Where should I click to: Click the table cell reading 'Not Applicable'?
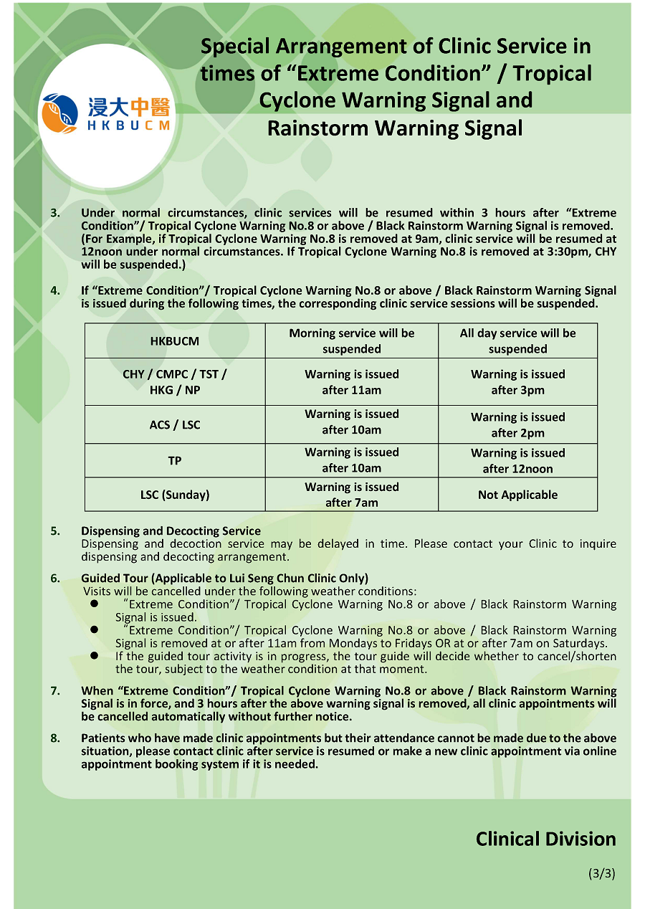pyautogui.click(x=517, y=495)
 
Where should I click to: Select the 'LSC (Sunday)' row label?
pyautogui.click(x=175, y=495)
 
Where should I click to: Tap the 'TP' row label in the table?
pyautogui.click(x=175, y=460)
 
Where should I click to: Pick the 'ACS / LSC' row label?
pyautogui.click(x=175, y=424)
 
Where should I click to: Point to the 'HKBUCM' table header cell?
pyautogui.click(x=175, y=341)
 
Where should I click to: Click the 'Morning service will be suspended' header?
pyautogui.click(x=351, y=341)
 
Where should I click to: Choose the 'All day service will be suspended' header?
pyautogui.click(x=517, y=341)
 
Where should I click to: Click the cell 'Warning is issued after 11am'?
pyautogui.click(x=351, y=382)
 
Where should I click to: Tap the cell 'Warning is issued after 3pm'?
pyautogui.click(x=517, y=382)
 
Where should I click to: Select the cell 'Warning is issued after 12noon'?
pyautogui.click(x=517, y=460)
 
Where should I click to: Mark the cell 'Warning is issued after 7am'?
pyautogui.click(x=351, y=495)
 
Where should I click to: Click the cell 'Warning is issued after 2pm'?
pyautogui.click(x=517, y=424)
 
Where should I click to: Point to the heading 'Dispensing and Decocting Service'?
pyautogui.click(x=171, y=531)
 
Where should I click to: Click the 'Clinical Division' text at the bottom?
pyautogui.click(x=545, y=839)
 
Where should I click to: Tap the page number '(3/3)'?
pyautogui.click(x=601, y=873)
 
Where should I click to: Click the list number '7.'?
pyautogui.click(x=55, y=691)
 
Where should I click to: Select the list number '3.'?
pyautogui.click(x=55, y=213)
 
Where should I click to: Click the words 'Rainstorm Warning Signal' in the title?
pyautogui.click(x=395, y=128)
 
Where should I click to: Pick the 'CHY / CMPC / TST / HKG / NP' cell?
pyautogui.click(x=175, y=382)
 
